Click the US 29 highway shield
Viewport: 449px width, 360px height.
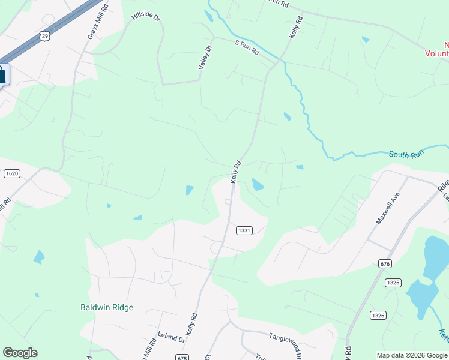tap(45, 37)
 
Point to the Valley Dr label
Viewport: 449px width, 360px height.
tap(205, 57)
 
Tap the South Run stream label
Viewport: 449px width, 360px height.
tap(406, 154)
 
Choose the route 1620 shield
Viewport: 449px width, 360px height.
tap(11, 173)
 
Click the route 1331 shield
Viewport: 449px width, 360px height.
tap(244, 230)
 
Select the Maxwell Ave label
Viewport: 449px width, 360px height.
tap(387, 208)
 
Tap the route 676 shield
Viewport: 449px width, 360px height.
tap(385, 263)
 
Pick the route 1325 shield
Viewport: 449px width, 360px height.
tap(394, 283)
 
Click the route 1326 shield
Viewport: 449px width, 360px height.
tap(378, 315)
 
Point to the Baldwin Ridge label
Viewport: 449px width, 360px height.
tap(107, 307)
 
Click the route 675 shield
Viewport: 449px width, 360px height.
tap(183, 357)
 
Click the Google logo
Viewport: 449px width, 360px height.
tap(20, 353)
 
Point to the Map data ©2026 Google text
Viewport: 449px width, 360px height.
tap(411, 355)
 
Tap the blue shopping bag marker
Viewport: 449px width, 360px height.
tap(2, 75)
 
